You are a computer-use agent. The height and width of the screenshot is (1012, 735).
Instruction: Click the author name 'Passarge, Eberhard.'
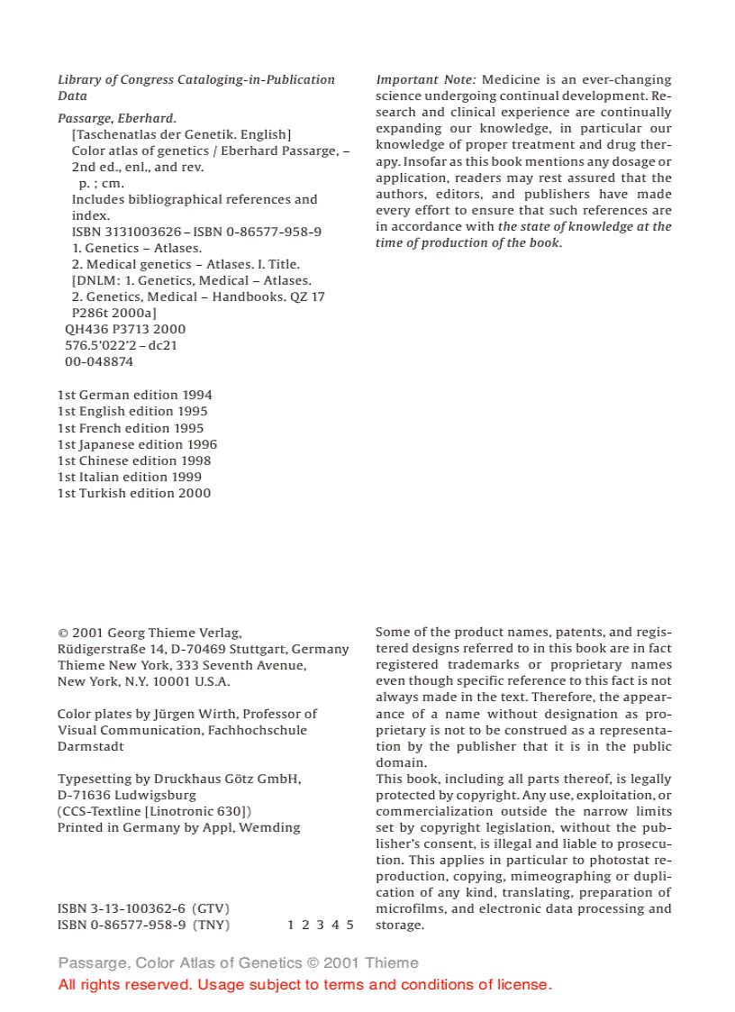click(x=117, y=118)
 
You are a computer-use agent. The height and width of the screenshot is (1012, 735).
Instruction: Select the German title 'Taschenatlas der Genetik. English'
click(x=181, y=134)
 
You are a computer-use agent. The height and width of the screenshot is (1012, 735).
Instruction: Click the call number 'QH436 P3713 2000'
click(x=125, y=329)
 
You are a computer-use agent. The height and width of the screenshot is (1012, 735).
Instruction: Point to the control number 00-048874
click(x=99, y=361)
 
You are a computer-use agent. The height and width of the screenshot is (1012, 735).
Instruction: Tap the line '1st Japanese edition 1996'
click(x=137, y=444)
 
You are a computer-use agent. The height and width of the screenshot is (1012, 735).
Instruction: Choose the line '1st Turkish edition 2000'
click(x=134, y=493)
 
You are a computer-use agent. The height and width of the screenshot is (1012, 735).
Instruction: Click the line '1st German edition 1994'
click(x=135, y=395)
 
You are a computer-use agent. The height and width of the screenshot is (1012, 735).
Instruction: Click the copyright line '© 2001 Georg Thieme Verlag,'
click(x=150, y=633)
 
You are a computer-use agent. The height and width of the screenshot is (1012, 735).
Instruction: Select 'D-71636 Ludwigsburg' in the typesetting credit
click(x=127, y=795)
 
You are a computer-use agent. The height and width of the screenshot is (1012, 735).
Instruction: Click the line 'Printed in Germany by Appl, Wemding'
click(x=179, y=827)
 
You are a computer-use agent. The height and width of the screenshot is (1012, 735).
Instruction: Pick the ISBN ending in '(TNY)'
click(x=143, y=925)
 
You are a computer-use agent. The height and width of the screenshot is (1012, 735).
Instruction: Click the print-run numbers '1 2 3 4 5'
click(x=321, y=925)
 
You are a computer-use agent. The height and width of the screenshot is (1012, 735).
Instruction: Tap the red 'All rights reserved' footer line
click(x=304, y=984)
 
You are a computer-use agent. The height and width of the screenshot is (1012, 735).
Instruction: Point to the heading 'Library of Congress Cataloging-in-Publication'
click(x=196, y=79)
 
